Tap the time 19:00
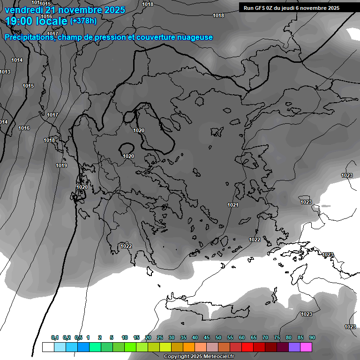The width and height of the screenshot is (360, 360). point(19,21)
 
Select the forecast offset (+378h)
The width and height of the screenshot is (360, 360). point(83,21)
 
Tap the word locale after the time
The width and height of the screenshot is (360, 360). point(51,21)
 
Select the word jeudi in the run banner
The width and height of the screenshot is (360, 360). point(290,8)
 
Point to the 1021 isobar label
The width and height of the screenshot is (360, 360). point(233,205)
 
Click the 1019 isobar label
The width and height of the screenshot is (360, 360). point(61,165)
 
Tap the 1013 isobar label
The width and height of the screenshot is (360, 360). point(5,72)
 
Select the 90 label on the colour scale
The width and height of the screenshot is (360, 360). point(312,337)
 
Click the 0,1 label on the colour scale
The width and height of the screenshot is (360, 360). point(55,337)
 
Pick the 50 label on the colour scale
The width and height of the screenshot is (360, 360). point(218,337)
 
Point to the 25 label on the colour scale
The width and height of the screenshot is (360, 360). point(160,337)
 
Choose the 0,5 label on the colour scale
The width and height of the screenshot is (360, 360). point(78,337)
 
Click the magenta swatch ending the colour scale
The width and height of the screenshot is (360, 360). point(306,347)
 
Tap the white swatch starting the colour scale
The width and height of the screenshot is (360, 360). point(48,347)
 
